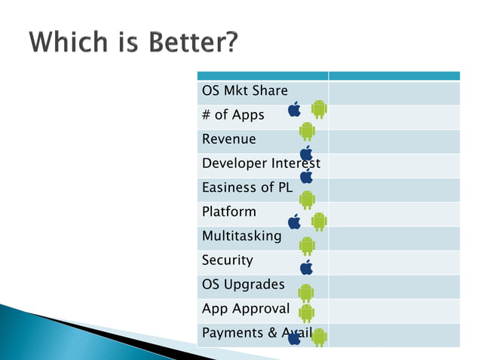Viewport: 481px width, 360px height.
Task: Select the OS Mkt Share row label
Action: [x=244, y=91]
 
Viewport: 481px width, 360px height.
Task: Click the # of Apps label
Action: [x=233, y=115]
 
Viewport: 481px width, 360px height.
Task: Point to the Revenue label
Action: [x=228, y=139]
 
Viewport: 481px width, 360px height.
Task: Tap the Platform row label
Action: [x=228, y=212]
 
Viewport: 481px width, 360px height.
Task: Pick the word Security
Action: [x=227, y=260]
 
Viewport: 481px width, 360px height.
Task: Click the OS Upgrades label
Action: [x=243, y=284]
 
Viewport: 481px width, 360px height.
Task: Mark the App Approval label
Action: [x=245, y=308]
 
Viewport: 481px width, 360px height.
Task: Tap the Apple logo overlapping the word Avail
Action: [x=295, y=337]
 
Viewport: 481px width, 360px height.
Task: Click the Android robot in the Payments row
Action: [x=319, y=337]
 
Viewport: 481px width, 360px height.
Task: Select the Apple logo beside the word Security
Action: [x=306, y=267]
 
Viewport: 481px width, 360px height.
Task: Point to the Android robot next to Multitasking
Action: [x=307, y=245]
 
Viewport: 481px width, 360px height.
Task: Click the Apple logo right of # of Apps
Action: [x=295, y=109]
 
